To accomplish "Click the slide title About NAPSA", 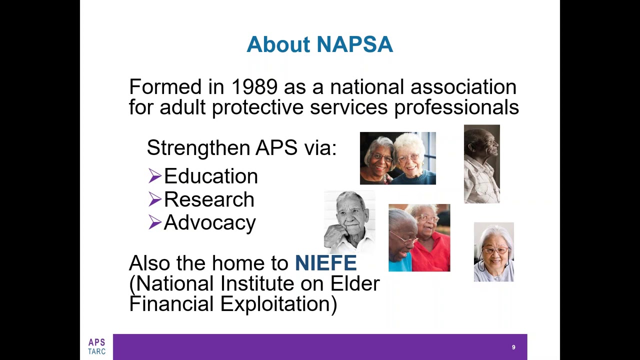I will pyautogui.click(x=319, y=44).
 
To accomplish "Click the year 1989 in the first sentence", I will pyautogui.click(x=254, y=87).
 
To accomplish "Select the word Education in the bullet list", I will pyautogui.click(x=210, y=176).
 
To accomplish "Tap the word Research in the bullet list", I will pyautogui.click(x=209, y=199).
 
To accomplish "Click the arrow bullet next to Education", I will pyautogui.click(x=154, y=176).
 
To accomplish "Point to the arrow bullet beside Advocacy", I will pyautogui.click(x=154, y=222).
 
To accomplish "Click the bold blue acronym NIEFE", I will pyautogui.click(x=325, y=263).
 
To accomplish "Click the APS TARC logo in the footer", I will pyautogui.click(x=96, y=346).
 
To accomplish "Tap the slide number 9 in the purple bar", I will pyautogui.click(x=513, y=347).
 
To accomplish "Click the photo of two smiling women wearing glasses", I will pyautogui.click(x=397, y=158).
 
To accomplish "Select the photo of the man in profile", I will pyautogui.click(x=481, y=164).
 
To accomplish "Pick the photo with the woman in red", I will pyautogui.click(x=419, y=238).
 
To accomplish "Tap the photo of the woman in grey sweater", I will pyautogui.click(x=493, y=252).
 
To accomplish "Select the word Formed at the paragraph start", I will pyautogui.click(x=165, y=87).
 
